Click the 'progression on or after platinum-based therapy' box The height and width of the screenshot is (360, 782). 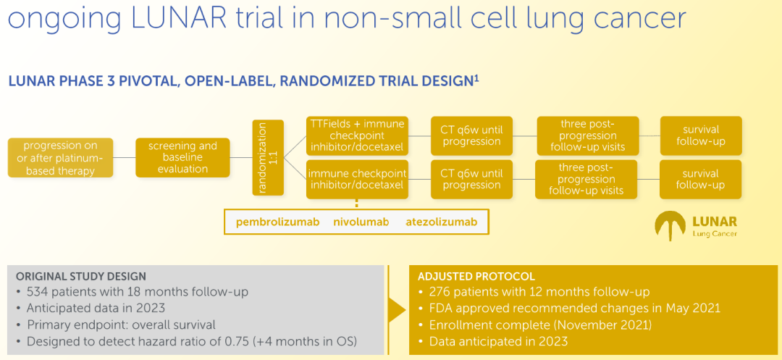tap(61, 158)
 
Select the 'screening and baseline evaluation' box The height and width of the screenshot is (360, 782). tap(177, 157)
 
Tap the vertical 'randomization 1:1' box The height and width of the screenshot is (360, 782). tap(268, 157)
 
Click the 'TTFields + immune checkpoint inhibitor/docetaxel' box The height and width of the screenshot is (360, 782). tap(356, 135)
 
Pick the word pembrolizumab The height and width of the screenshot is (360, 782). tap(277, 222)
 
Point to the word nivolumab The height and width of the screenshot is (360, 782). tap(362, 222)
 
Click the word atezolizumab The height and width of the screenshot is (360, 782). tap(441, 222)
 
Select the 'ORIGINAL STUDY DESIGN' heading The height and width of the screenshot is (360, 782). tap(81, 276)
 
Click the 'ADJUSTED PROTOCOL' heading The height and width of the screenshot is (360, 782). tap(476, 276)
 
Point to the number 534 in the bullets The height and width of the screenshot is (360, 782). tap(38, 292)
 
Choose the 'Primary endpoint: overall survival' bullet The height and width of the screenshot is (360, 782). tap(121, 325)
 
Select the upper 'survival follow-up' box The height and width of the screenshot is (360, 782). tap(700, 135)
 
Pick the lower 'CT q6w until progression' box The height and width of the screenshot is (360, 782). tap(471, 179)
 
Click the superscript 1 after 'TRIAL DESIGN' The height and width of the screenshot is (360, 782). tap(476, 77)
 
